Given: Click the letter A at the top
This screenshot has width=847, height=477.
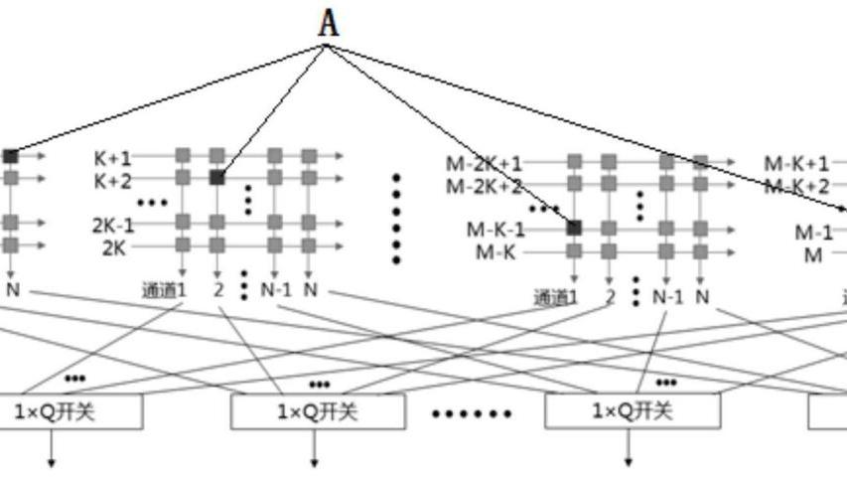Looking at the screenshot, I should click(329, 23).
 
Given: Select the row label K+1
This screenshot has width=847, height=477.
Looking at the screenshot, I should click(113, 156).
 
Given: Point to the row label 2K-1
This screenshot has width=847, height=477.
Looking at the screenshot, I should click(114, 225).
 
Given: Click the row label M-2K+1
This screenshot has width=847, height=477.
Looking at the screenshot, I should click(484, 163).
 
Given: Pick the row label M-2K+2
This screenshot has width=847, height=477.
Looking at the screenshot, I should click(484, 185).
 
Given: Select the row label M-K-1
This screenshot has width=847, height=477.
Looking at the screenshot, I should click(496, 230).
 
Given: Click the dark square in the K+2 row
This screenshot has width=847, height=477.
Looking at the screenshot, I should click(216, 178).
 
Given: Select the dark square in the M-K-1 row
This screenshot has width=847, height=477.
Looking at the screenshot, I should click(574, 228).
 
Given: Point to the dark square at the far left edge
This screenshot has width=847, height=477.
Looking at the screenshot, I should click(10, 156).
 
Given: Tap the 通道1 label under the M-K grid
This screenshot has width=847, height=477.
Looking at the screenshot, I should click(556, 296).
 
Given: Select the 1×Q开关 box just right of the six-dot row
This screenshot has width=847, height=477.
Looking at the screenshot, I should click(633, 410).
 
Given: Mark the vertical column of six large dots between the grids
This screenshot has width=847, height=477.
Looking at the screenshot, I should click(396, 219).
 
